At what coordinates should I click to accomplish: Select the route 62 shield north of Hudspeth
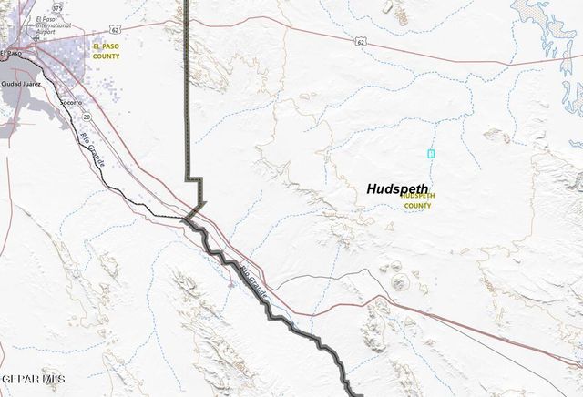coord(362,41)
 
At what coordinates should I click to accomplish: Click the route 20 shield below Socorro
coord(87,117)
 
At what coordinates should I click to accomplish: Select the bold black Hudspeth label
coord(397,189)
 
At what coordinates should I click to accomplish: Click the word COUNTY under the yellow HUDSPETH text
coord(417,206)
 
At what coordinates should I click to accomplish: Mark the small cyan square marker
coord(431,152)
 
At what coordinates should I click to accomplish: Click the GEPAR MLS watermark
coord(33,377)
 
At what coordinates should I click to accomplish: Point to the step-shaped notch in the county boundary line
coord(194,176)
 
